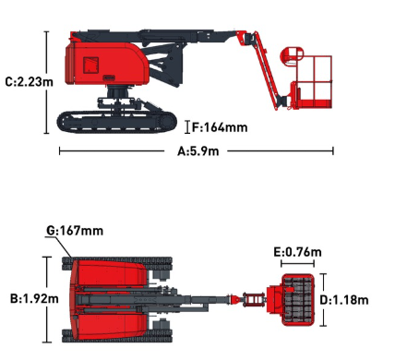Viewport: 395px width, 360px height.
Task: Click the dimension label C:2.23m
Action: pos(30,82)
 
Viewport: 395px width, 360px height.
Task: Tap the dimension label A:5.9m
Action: pos(198,151)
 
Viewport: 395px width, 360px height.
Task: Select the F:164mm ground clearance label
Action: pos(220,127)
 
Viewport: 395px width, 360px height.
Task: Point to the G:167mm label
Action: pos(75,231)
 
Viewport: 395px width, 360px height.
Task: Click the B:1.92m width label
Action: pos(34,298)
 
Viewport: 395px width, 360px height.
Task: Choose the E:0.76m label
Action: pos(297,252)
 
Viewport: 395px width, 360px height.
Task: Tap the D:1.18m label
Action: pos(344,300)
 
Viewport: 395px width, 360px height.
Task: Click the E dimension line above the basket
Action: pos(297,263)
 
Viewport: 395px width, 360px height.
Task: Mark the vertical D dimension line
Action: pos(323,299)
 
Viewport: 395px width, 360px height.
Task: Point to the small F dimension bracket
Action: pos(187,127)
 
